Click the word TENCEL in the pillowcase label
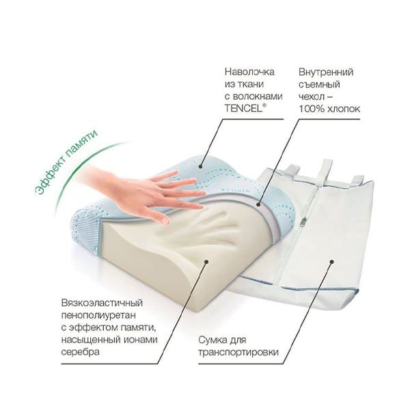point(243,109)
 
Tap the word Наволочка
point(249,72)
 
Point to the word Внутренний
point(326,72)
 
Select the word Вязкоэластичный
point(102,303)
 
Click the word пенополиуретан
point(98,316)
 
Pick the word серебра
point(80,352)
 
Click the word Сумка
point(213,340)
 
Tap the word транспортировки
point(238,353)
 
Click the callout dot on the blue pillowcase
point(201,166)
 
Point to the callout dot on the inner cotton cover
point(258,205)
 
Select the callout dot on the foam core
point(206,261)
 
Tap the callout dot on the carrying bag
point(331,261)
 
